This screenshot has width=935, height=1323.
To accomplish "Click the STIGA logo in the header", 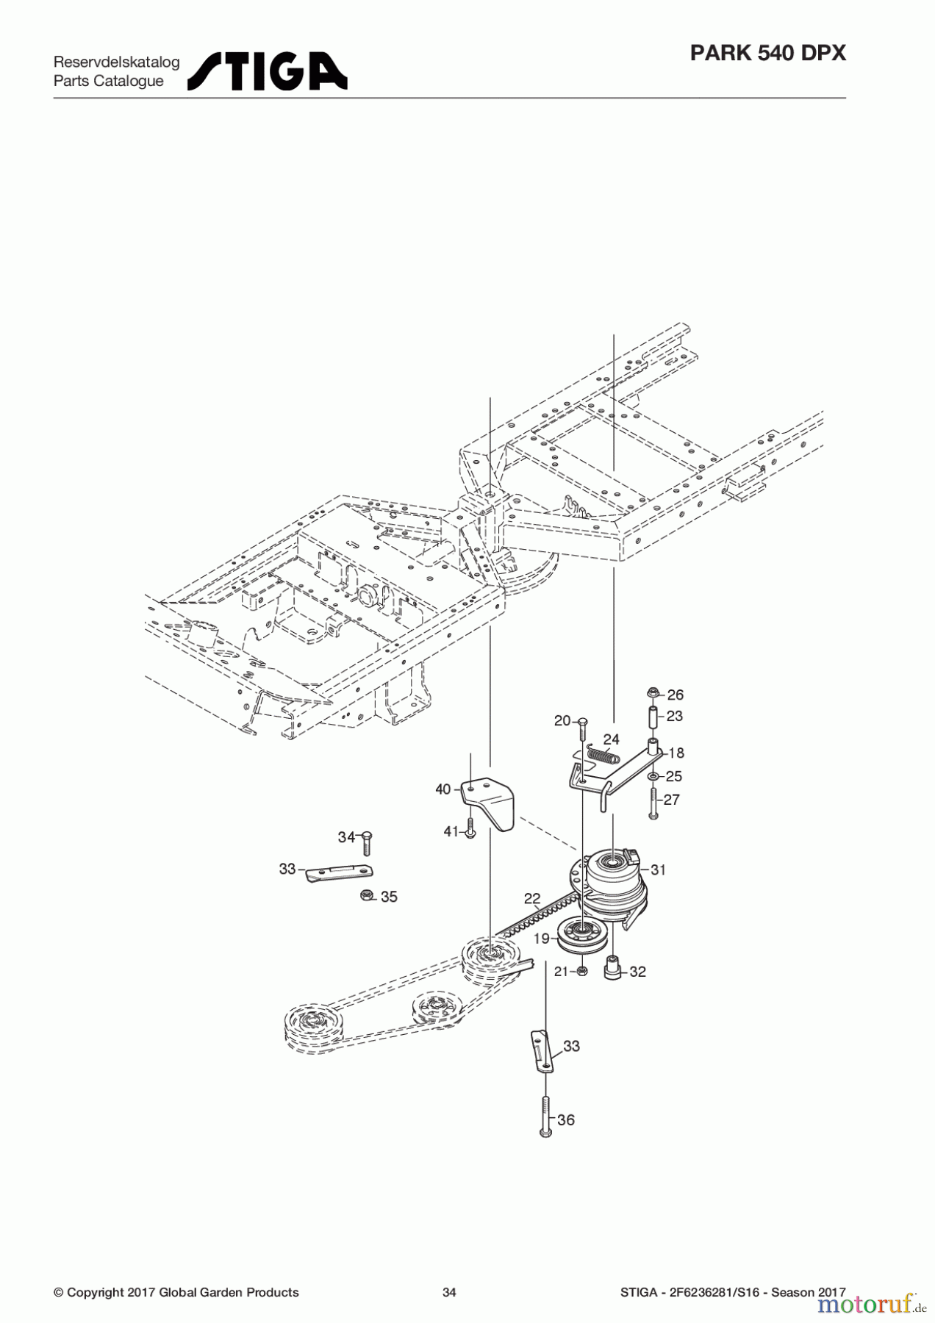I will click(268, 71).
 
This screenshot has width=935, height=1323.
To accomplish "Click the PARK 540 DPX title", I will click(768, 54).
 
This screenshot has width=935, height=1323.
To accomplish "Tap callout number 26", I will click(675, 695).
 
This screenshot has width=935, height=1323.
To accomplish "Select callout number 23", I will click(674, 716).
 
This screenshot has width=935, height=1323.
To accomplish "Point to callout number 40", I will click(443, 789).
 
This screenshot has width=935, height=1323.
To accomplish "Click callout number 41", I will click(451, 831).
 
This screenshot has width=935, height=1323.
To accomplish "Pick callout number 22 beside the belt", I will click(532, 898).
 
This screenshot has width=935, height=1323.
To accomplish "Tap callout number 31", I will click(658, 870).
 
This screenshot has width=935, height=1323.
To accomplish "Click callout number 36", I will click(566, 1120).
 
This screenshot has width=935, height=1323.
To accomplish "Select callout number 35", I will click(389, 897).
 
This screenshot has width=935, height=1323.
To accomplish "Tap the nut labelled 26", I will click(653, 692).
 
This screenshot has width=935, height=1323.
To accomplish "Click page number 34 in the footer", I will click(449, 1292).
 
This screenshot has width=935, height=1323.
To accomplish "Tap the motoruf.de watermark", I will click(867, 1304).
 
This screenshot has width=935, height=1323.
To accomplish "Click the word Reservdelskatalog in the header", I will click(116, 62).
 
